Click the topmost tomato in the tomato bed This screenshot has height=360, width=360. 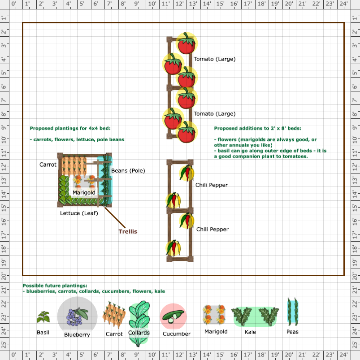[187, 43]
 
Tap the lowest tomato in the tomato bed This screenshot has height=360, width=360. [187, 132]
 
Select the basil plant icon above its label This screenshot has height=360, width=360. [43, 317]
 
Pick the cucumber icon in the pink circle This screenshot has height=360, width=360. [173, 317]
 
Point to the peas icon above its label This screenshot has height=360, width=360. [292, 312]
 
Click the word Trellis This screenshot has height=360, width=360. [128, 231]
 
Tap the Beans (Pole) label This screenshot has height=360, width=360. [128, 171]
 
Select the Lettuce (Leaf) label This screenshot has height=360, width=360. [79, 213]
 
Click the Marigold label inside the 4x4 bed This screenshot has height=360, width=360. [84, 192]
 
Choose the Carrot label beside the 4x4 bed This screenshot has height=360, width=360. [48, 165]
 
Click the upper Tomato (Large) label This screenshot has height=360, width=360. [214, 59]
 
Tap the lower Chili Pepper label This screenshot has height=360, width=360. [213, 230]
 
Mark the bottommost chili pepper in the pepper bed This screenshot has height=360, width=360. [173, 248]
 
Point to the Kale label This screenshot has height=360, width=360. [250, 332]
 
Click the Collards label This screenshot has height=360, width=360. [139, 333]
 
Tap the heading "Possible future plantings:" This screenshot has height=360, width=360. [55, 286]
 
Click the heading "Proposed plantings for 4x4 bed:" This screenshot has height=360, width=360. [70, 128]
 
